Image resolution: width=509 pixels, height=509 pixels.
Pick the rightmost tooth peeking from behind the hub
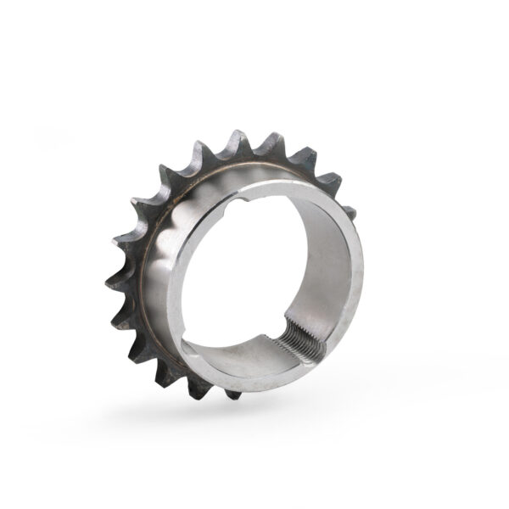tap(348, 210)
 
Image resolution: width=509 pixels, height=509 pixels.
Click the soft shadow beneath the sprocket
tap(255, 416)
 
